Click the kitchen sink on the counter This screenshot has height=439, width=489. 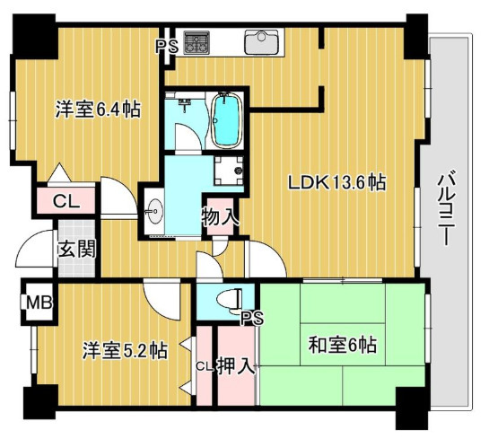point(261,42)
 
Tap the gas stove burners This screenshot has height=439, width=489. point(196,42)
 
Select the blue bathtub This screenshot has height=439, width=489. point(226,121)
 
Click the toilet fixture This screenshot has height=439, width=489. point(229,301)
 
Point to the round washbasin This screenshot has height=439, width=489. point(153,211)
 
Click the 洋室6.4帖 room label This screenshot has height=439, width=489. point(98,109)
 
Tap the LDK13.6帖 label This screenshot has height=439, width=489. point(337,183)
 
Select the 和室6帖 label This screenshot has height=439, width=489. point(343,345)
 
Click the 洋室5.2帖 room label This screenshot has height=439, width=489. point(125,350)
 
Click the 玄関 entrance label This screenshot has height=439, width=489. point(77,249)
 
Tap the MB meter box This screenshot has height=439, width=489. point(39,302)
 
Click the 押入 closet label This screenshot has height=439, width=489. point(236,365)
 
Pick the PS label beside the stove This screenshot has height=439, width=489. point(167,47)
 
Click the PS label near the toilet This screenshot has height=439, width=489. point(253,319)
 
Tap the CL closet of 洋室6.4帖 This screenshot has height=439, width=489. point(65,201)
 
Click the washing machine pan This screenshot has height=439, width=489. point(229,171)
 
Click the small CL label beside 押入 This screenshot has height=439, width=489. point(205,366)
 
